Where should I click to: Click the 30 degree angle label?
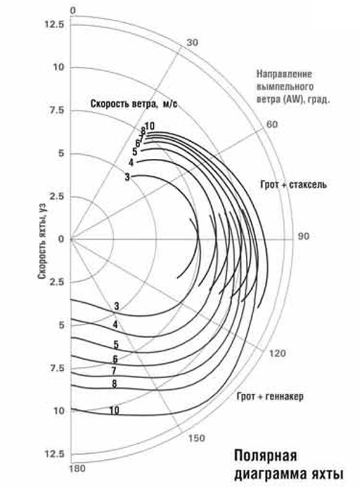pos(192,43)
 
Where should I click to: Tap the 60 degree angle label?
pos(272,125)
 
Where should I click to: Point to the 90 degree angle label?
pos(304,236)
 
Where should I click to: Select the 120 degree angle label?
pos(277,354)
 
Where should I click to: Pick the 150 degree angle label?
pos(197,438)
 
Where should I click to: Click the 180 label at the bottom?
pos(77,468)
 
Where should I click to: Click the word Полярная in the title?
pos(266,456)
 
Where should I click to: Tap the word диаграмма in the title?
pos(270,475)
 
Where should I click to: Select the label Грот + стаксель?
pos(293,185)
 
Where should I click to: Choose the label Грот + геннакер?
pos(270,397)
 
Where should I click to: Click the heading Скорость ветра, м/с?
pos(134,104)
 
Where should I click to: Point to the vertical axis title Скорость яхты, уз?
pos(42,241)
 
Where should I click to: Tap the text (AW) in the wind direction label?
pos(290,100)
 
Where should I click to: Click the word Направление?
pos(284,74)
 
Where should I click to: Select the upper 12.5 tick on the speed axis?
pos(54,24)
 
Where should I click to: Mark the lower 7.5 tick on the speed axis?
pos(57,368)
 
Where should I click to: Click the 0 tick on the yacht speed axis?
pos(61,239)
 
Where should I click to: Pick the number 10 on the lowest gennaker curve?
pos(114,410)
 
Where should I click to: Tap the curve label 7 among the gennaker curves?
pos(114,371)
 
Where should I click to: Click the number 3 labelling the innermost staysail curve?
pos(127,177)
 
